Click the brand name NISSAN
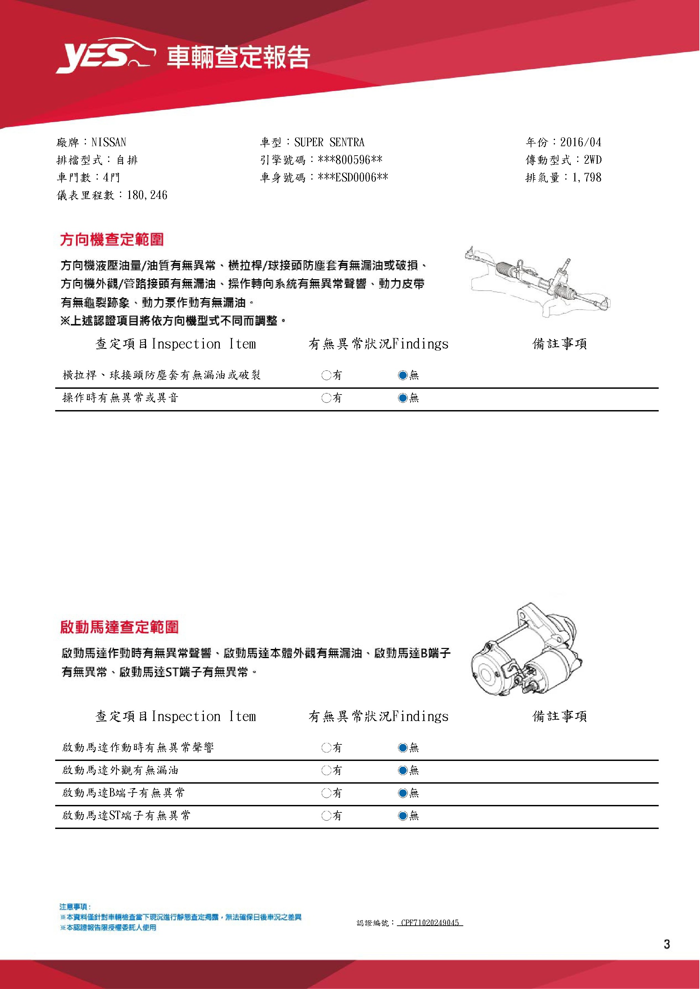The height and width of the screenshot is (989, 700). tap(109, 142)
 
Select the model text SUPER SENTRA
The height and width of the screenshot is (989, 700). tap(329, 142)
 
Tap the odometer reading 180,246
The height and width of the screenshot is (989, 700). tap(147, 195)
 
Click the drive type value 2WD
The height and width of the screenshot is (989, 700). tap(593, 160)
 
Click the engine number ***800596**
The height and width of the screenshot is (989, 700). tap(350, 160)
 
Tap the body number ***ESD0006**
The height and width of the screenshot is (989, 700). tap(353, 178)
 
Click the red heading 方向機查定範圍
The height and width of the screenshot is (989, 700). tap(112, 240)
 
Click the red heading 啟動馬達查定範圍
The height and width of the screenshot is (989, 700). tap(119, 627)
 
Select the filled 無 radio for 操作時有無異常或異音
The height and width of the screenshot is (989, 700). tap(403, 398)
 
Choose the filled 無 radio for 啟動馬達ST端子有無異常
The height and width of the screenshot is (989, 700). tap(403, 815)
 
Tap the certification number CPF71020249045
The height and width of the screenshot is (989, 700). tap(430, 923)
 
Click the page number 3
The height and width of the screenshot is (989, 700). tap(667, 944)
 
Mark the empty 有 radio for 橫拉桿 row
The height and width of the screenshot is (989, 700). tap(326, 375)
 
